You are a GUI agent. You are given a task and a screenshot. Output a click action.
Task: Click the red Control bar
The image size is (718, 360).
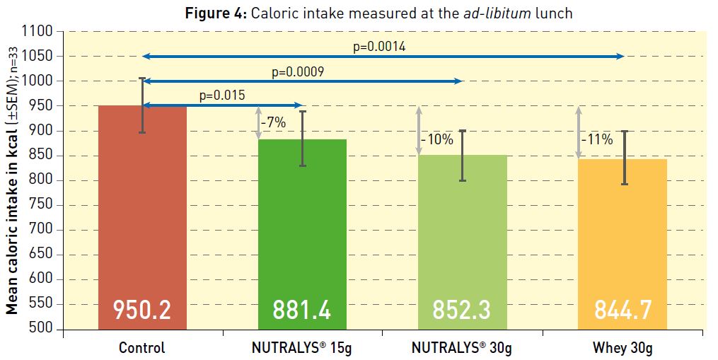(x=142, y=212)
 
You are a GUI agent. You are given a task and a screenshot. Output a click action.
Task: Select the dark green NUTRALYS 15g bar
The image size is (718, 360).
(x=302, y=226)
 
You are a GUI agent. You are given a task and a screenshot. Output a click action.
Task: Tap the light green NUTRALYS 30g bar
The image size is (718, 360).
(x=462, y=233)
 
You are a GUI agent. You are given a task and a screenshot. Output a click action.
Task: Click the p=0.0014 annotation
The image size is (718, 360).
(x=379, y=47)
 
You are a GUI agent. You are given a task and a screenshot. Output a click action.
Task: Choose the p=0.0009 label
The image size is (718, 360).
(x=298, y=72)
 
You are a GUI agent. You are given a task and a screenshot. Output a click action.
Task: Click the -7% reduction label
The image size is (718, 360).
(x=273, y=122)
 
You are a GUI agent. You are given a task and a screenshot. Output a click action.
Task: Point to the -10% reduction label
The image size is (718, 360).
(x=437, y=139)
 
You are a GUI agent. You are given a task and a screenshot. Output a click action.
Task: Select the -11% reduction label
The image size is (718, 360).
(x=597, y=139)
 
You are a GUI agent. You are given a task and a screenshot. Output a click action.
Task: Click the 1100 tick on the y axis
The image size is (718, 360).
(x=38, y=32)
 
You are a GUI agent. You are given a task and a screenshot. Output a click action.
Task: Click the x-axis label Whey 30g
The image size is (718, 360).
(x=622, y=347)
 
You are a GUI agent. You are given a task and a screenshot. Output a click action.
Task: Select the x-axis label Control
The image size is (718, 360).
(x=141, y=347)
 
